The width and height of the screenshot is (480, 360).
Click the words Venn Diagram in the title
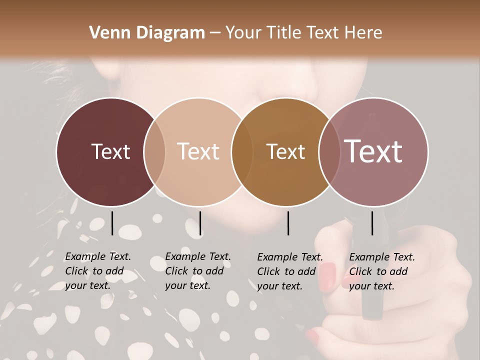pos(147,33)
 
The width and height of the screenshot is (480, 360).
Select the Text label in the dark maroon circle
pos(110,151)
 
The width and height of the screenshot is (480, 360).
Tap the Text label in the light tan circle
pos(198,151)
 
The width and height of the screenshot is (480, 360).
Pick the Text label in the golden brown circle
pos(285,151)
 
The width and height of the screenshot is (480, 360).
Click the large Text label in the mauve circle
pos(373,151)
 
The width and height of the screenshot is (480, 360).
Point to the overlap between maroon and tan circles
pos(154,151)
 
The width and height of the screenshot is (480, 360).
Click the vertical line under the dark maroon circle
pos(112,223)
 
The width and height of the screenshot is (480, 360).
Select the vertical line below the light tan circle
pos(200,223)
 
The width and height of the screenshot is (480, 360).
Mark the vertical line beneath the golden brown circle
pos(288,223)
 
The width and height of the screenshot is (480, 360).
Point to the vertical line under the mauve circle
pos(372,223)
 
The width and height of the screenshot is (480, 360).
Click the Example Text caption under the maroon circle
pos(98,271)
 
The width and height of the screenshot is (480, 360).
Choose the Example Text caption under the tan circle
pos(198,271)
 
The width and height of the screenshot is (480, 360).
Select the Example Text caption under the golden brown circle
pos(290,271)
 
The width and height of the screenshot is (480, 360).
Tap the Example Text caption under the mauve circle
pos(382,271)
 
